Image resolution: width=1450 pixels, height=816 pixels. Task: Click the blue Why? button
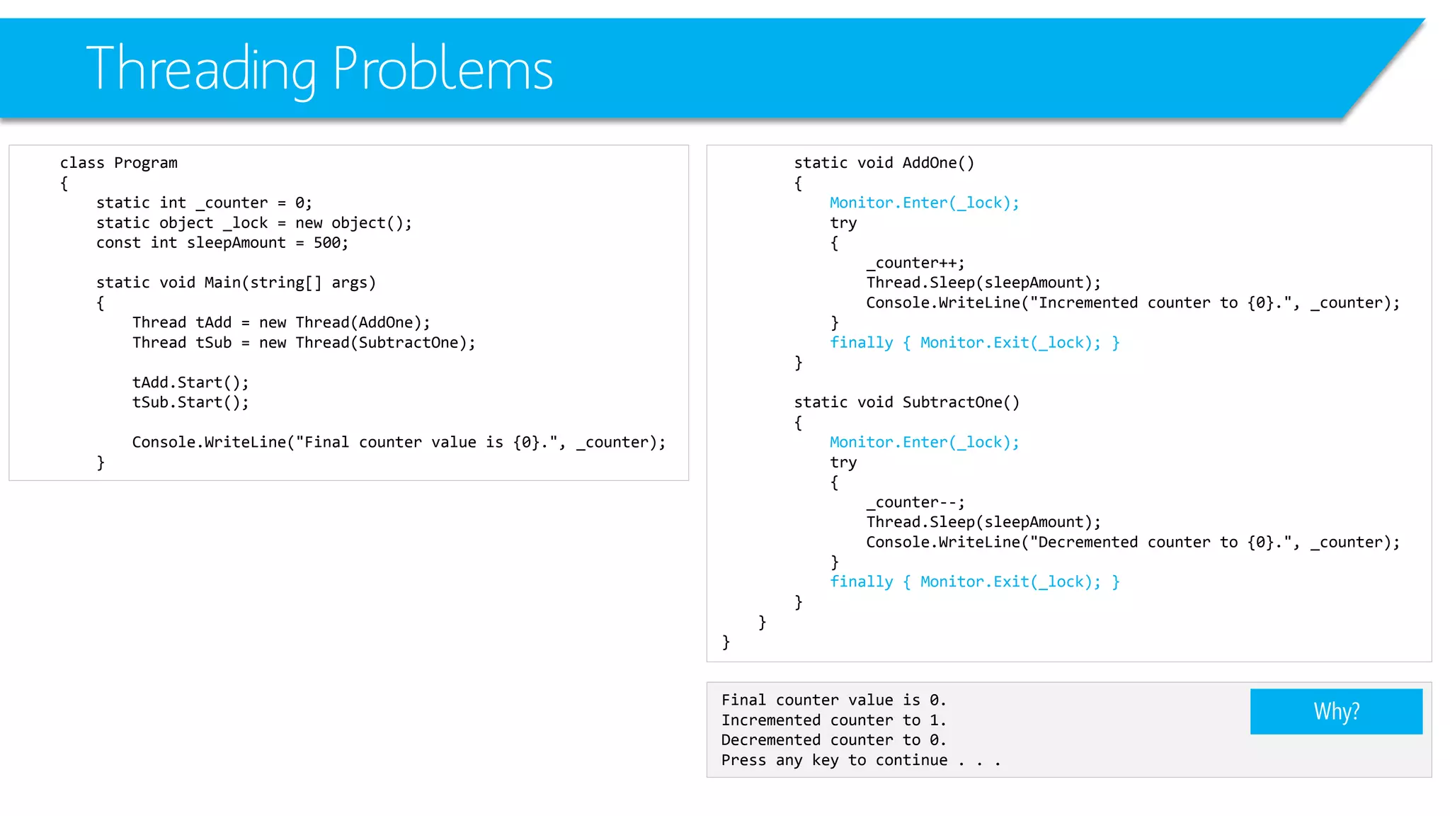1336,711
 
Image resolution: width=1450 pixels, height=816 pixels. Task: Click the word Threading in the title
201,69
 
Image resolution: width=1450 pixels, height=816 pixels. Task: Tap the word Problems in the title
443,69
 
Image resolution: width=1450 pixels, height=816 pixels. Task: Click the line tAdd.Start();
190,382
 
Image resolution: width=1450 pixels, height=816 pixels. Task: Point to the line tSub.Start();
190,402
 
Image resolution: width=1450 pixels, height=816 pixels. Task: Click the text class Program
118,163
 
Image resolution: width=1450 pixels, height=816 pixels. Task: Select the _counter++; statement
915,263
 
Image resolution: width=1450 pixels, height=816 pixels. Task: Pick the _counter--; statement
915,503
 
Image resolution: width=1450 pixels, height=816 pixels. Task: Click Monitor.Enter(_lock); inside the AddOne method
924,203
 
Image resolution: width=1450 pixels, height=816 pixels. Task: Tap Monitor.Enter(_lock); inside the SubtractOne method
924,443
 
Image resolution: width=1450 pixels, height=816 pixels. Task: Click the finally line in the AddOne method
974,343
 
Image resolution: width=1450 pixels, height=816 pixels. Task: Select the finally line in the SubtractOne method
974,582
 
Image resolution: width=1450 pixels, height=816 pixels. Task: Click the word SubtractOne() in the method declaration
961,402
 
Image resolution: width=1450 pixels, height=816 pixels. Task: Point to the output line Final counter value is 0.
833,701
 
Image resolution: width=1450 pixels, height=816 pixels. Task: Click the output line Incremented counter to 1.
833,720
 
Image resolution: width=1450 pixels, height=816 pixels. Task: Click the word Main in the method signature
222,283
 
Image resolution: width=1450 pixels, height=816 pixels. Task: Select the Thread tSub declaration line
304,343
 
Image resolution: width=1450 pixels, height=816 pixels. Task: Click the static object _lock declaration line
253,223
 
